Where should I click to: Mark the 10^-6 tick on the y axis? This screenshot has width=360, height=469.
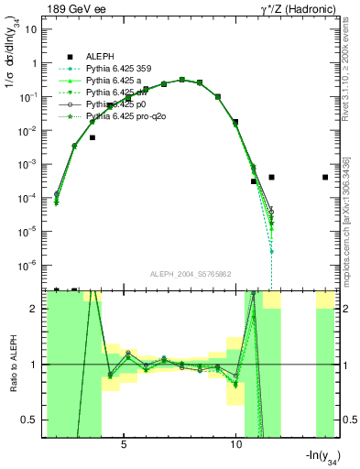(32, 266)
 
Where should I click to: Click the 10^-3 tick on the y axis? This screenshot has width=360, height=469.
(32, 164)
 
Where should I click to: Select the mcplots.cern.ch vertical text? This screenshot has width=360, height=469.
(345, 229)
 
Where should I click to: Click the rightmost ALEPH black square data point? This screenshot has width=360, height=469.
(325, 178)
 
